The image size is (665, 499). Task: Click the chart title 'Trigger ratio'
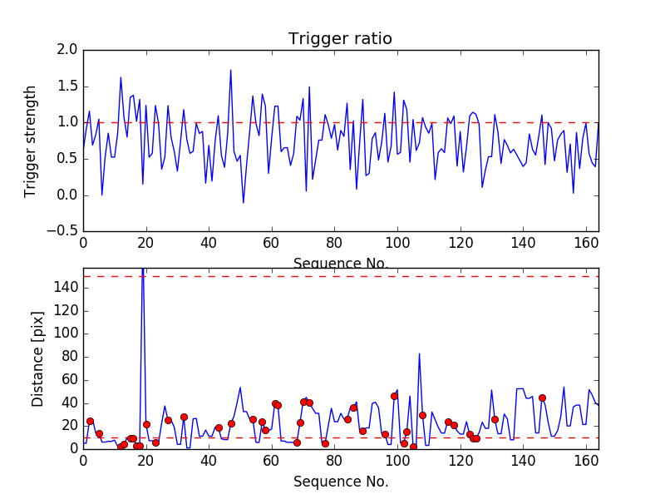(340, 39)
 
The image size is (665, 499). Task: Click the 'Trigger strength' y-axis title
(31, 141)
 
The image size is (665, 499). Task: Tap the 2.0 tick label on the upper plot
(68, 50)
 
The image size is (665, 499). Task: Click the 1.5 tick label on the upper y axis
(68, 86)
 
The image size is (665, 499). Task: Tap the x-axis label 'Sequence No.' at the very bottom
(340, 482)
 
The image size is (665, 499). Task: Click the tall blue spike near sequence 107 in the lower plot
(419, 353)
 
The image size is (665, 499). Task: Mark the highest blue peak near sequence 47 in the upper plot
(230, 70)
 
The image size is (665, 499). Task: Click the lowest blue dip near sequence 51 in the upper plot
(244, 202)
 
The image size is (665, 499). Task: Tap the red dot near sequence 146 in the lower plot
(542, 398)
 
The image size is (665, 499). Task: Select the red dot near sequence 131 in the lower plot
(495, 419)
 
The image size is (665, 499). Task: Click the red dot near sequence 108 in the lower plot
(422, 415)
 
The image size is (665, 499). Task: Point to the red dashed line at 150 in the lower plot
(332, 276)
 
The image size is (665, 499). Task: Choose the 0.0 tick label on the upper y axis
(68, 195)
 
